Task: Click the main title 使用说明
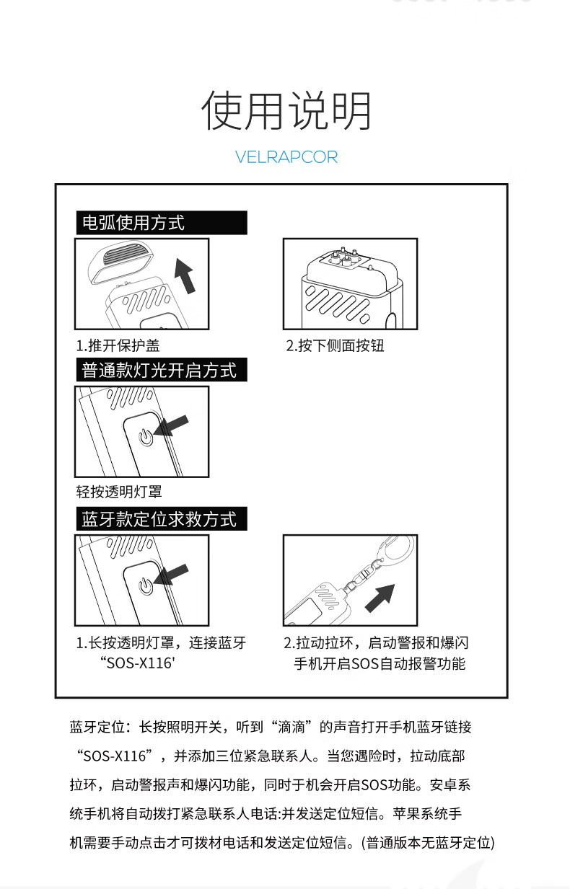pyautogui.click(x=286, y=111)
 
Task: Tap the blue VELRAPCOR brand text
pyautogui.click(x=286, y=157)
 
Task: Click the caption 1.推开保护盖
pyautogui.click(x=118, y=345)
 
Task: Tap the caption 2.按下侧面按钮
pyautogui.click(x=335, y=345)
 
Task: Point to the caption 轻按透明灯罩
pyautogui.click(x=119, y=492)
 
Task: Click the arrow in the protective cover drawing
pyautogui.click(x=185, y=275)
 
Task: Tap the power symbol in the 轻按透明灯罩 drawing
pyautogui.click(x=146, y=437)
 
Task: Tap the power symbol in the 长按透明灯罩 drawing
pyautogui.click(x=146, y=586)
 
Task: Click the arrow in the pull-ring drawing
pyautogui.click(x=380, y=598)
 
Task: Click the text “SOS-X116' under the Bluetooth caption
pyautogui.click(x=137, y=663)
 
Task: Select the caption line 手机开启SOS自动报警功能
pyautogui.click(x=380, y=663)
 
